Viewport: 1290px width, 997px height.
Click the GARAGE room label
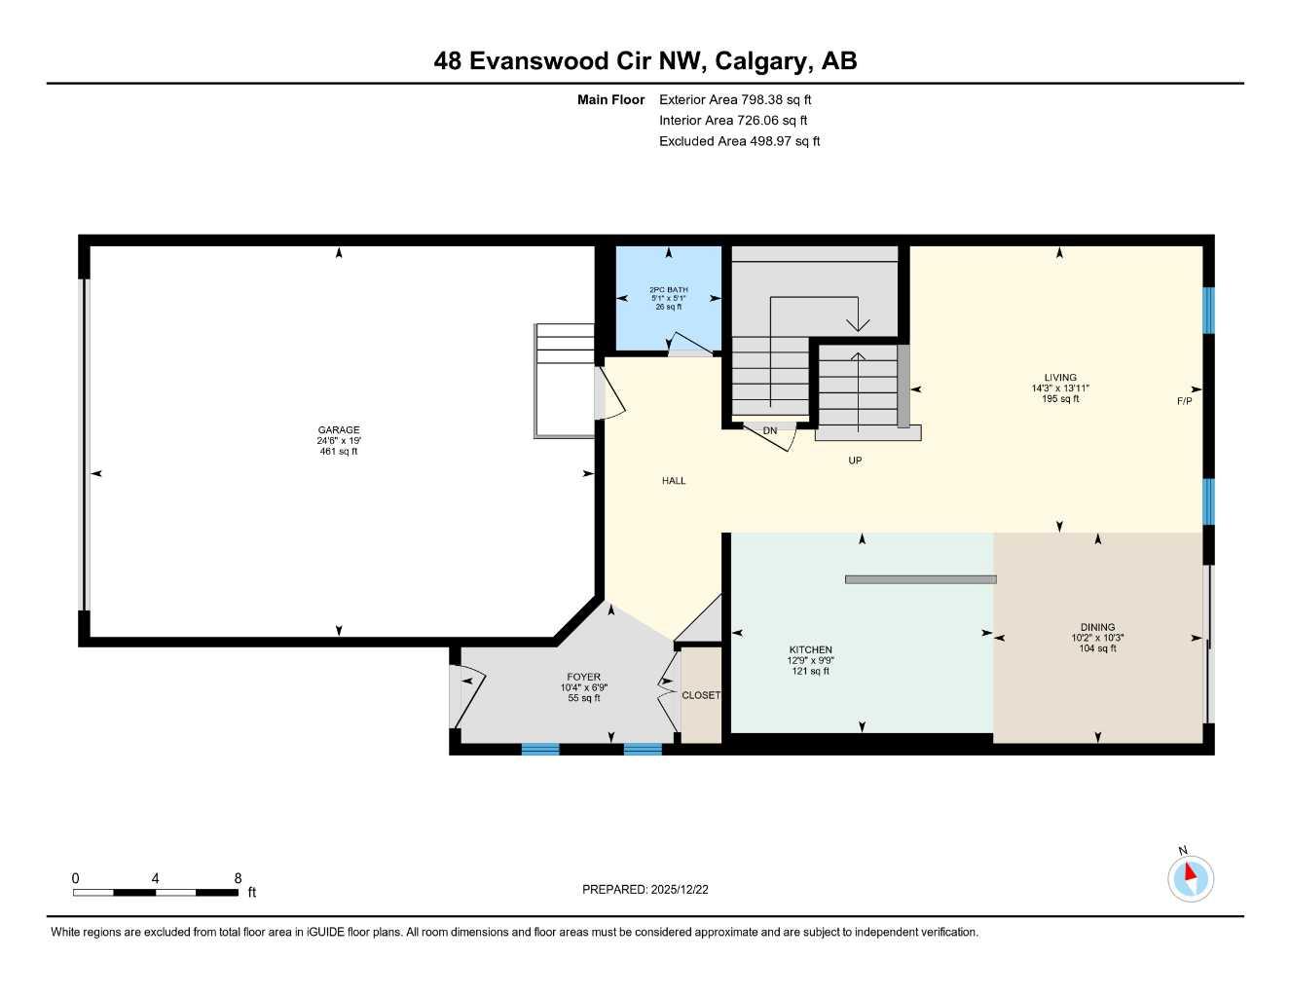pyautogui.click(x=339, y=429)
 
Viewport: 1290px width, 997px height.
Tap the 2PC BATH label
pyautogui.click(x=669, y=289)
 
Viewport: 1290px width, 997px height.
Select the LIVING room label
pyautogui.click(x=1060, y=378)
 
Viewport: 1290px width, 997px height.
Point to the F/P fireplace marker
pyautogui.click(x=1184, y=401)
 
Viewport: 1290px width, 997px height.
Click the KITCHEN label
pyautogui.click(x=810, y=649)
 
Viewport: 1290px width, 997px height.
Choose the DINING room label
pyautogui.click(x=1097, y=627)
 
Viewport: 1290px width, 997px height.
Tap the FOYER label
pyautogui.click(x=584, y=677)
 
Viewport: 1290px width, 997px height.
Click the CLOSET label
pyautogui.click(x=701, y=695)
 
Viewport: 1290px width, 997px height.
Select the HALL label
pyautogui.click(x=674, y=480)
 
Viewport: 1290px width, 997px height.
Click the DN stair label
pyautogui.click(x=770, y=430)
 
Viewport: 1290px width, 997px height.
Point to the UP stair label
pyautogui.click(x=855, y=461)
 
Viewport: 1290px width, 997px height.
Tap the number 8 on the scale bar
pyautogui.click(x=238, y=878)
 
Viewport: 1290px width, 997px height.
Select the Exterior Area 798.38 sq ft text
pyautogui.click(x=735, y=99)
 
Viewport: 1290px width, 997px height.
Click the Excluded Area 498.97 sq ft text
pyautogui.click(x=739, y=141)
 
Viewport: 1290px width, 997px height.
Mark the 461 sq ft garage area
pyautogui.click(x=339, y=451)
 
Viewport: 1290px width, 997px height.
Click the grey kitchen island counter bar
pyautogui.click(x=920, y=579)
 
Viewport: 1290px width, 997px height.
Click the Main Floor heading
pyautogui.click(x=610, y=99)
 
